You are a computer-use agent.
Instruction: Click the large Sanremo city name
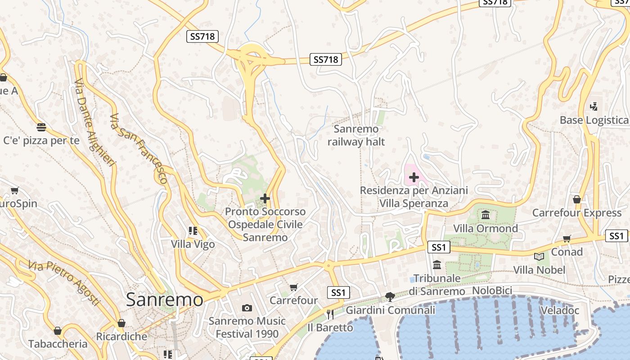tap(164, 299)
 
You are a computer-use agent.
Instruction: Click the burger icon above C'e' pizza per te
tap(41, 127)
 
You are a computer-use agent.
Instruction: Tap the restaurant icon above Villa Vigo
tap(193, 231)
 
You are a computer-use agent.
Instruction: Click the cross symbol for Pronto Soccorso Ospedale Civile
tap(265, 198)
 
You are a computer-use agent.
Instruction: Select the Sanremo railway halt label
tap(356, 135)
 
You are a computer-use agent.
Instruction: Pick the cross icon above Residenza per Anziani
tap(414, 177)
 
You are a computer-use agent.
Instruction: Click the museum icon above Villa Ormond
tap(485, 215)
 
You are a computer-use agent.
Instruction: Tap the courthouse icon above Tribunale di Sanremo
tap(436, 265)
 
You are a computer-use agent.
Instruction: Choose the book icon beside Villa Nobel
tap(539, 256)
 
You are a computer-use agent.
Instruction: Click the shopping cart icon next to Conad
tap(567, 238)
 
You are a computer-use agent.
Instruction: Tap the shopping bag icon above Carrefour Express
tap(577, 199)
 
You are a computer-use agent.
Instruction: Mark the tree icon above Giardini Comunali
tap(390, 297)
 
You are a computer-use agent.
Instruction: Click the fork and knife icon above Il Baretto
tap(330, 314)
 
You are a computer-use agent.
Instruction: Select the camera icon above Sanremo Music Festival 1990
tap(247, 308)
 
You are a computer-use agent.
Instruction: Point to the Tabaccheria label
tap(58, 344)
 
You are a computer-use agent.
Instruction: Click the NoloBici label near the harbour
tap(492, 290)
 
